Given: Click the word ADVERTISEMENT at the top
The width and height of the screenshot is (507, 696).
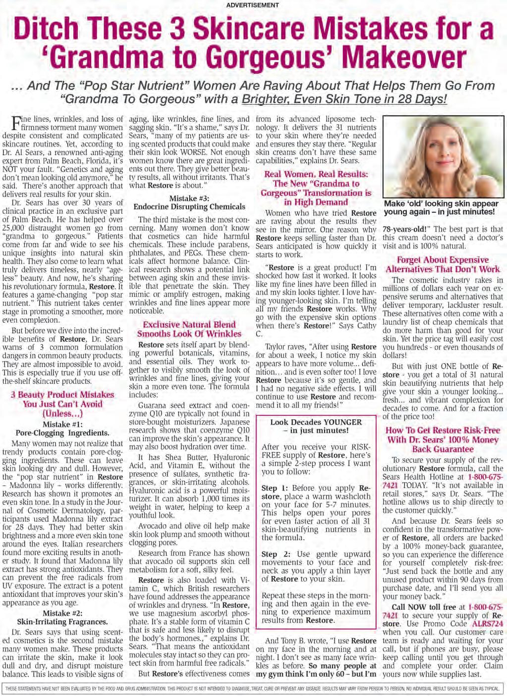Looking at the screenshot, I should (252, 5).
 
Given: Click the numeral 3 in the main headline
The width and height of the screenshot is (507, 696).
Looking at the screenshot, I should (184, 29).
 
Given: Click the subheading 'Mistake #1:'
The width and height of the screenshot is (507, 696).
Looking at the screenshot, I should (63, 424).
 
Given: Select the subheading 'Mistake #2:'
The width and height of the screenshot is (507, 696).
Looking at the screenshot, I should (62, 613).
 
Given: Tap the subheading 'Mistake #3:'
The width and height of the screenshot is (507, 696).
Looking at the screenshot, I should (189, 198).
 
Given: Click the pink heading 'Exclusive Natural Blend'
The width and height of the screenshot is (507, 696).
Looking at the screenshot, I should (189, 324).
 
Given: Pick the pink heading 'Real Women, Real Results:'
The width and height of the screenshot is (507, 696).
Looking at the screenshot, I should (316, 174).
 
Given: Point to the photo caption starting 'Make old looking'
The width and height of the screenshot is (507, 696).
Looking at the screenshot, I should (442, 207).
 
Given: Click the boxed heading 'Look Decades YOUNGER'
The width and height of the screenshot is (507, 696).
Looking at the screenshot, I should (316, 422).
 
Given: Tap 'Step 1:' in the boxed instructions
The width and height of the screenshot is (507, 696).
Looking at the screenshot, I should (276, 488).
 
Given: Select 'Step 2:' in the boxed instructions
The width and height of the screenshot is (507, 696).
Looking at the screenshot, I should (276, 554).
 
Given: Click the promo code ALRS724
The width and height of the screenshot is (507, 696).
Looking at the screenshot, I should (488, 623).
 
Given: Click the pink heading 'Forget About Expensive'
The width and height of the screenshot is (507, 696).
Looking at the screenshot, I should (443, 260).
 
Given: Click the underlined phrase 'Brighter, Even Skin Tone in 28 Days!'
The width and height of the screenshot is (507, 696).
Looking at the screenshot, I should (344, 99).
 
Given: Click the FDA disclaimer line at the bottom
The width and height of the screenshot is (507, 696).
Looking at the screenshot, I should (253, 689).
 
